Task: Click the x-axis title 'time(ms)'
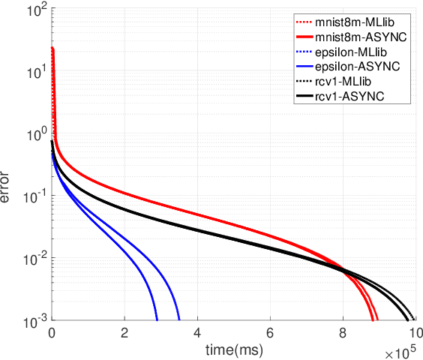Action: coord(233,349)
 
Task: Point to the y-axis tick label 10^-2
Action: coord(34,259)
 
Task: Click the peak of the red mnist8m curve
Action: coord(52,48)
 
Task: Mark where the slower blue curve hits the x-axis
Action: coord(179,320)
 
